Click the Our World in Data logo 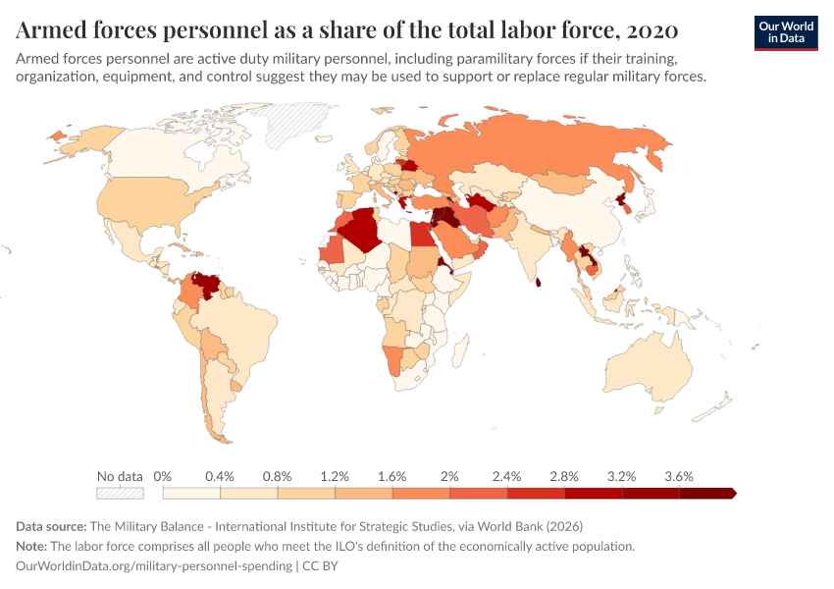tap(785, 31)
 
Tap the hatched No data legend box tap(120, 494)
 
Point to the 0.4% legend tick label tap(220, 476)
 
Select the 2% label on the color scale tap(449, 476)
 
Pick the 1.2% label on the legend tap(335, 476)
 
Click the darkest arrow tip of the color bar tap(732, 494)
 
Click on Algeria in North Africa tap(364, 230)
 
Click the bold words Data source tap(50, 526)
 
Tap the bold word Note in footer tap(31, 546)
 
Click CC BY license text tap(320, 566)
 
